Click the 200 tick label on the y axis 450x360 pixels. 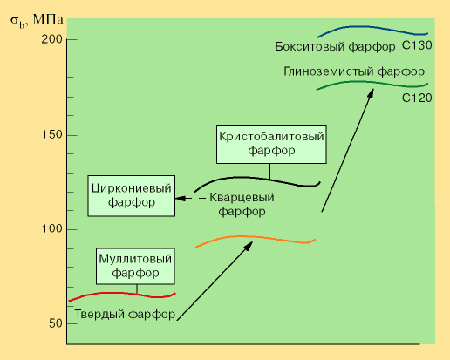52,39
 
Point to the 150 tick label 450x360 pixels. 52,135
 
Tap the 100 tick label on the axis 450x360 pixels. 52,228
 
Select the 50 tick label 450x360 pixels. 56,323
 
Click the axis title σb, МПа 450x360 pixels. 37,21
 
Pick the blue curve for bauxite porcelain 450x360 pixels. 372,28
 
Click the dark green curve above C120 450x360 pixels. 372,83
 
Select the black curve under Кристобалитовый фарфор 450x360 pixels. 257,178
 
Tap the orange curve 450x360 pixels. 256,237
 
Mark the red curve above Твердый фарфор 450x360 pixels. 122,293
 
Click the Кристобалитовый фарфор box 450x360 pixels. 271,144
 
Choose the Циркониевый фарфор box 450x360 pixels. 132,195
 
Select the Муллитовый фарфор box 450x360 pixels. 135,266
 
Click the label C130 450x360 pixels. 417,45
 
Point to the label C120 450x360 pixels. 417,98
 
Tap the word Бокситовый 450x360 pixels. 310,46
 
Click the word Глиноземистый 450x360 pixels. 329,71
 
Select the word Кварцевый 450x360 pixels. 242,198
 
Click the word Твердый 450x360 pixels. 99,314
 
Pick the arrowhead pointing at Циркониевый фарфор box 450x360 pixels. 180,199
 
